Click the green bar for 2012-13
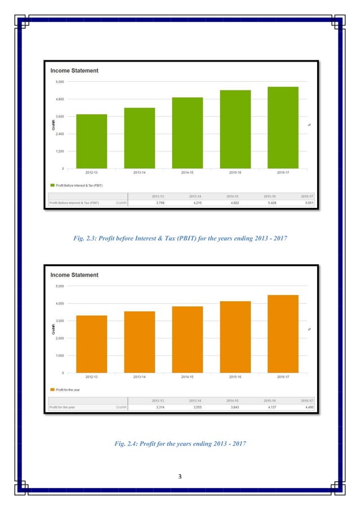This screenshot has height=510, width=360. tap(91, 141)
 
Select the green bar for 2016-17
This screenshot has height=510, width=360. tap(283, 128)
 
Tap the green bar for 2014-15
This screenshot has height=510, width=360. tap(187, 133)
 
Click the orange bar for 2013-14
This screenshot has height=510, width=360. tap(139, 342)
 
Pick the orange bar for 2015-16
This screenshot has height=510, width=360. tap(235, 337)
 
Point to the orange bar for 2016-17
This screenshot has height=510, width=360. tap(283, 334)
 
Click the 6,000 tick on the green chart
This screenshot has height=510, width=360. tap(59, 82)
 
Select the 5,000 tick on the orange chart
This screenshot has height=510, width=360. tap(59, 286)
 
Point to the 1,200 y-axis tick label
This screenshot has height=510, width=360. tap(59, 151)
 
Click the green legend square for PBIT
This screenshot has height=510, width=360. tap(52, 185)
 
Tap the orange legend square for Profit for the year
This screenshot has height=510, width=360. tap(52, 389)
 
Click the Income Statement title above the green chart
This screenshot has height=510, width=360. tap(74, 71)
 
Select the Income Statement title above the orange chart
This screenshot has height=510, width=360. tap(74, 275)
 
